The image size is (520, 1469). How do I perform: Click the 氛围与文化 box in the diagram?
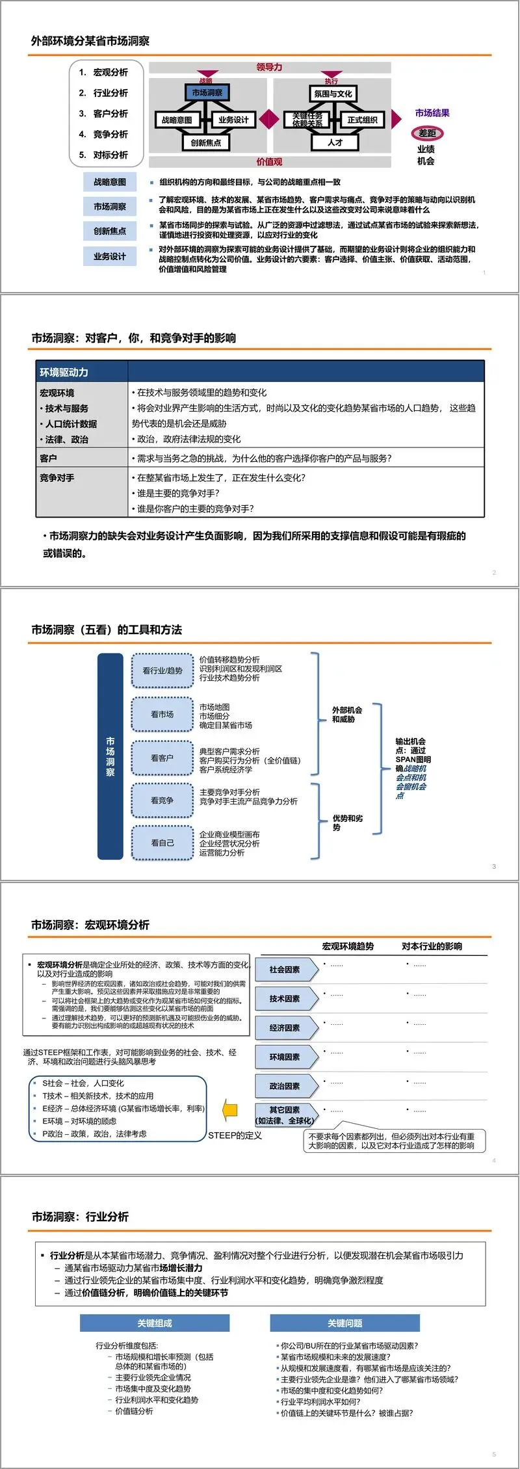pos(333,94)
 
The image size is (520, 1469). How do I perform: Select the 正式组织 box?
pos(362,120)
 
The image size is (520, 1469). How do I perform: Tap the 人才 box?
pos(335,142)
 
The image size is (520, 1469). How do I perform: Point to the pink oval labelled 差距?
pos(427,133)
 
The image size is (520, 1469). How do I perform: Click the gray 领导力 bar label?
pos(270,67)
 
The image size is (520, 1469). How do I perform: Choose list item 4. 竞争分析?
pos(103,134)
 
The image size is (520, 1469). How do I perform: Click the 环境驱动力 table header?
pos(64,372)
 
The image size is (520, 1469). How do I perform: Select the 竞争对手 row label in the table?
pos(57,477)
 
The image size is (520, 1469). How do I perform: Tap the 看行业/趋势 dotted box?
pos(162,670)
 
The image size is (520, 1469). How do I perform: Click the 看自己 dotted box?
pos(162,843)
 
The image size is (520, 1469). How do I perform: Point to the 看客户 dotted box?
pos(162,758)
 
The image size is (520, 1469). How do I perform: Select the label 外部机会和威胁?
pos(346,715)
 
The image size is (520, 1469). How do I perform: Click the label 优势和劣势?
pos(347,823)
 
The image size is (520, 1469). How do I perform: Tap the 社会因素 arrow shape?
pos(286,970)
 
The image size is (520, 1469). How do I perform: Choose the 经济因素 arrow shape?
pos(286,1028)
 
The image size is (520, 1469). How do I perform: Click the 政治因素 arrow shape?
pos(286,1087)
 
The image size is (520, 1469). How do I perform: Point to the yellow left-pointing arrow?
pos(229,1110)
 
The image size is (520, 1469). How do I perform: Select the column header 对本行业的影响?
pos(432,946)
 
